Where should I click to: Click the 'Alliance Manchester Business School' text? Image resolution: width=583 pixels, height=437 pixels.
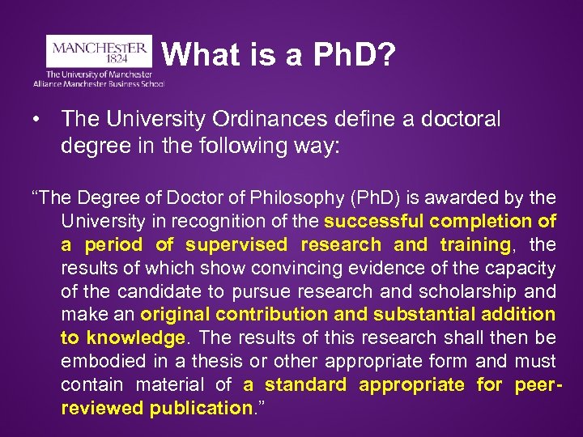tap(99, 83)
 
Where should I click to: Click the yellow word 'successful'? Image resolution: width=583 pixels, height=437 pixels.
tap(373, 220)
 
